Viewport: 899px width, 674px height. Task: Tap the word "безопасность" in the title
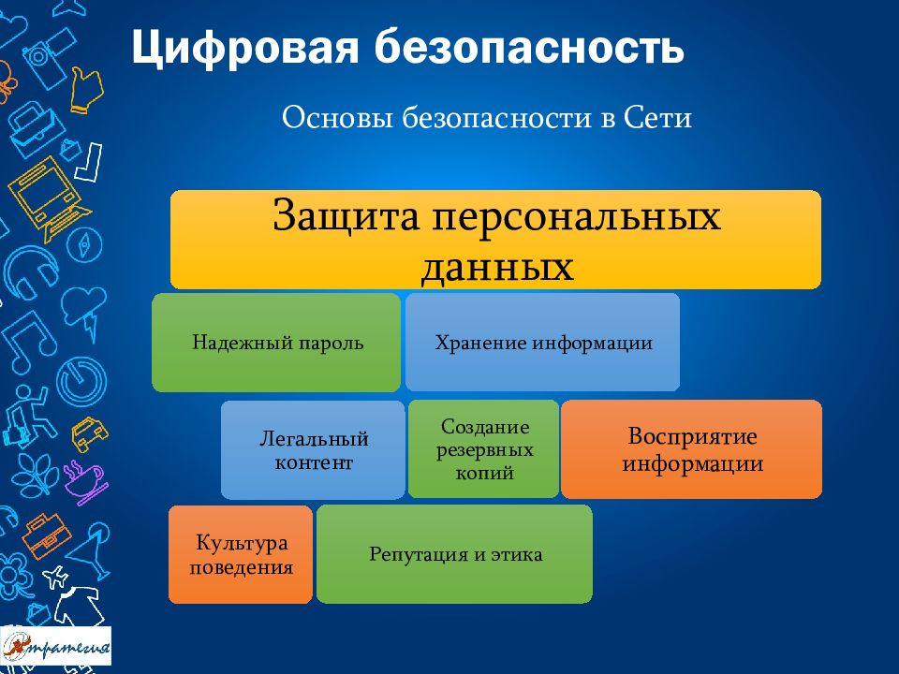[529, 47]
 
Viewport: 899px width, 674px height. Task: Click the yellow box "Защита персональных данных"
[495, 240]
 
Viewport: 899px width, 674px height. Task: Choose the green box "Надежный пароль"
[275, 343]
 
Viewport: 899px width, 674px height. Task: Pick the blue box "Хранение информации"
[542, 343]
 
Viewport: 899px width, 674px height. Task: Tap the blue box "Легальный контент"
[313, 450]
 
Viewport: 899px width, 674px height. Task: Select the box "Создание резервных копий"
[483, 449]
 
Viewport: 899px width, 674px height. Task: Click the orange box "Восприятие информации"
[691, 449]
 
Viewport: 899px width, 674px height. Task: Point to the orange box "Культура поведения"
[241, 554]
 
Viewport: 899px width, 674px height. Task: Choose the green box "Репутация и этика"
[455, 554]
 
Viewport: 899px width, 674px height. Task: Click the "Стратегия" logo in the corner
[55, 646]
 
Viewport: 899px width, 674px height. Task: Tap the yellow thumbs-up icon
[86, 89]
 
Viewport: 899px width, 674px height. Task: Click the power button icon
[81, 381]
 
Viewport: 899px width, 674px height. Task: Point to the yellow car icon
[90, 433]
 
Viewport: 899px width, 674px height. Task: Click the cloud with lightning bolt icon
[85, 310]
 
